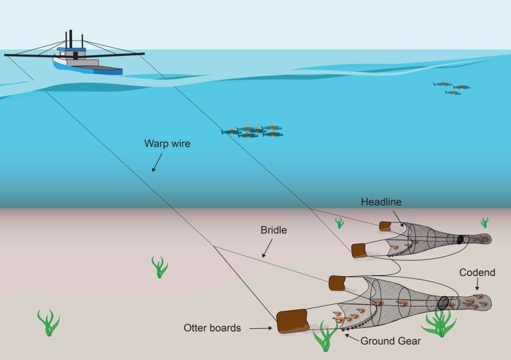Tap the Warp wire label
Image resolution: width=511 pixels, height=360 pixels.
coord(167,143)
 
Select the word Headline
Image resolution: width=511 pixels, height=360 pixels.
coord(381,201)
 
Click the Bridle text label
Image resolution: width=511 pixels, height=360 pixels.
coord(273,230)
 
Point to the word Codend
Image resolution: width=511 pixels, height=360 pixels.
coord(477,273)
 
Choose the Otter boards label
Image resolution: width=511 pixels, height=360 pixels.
coord(212,327)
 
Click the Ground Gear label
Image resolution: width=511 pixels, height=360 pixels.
coord(391,341)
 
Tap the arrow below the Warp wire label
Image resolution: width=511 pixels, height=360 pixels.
coord(156,163)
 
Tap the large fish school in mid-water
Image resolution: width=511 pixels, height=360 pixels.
coord(253,131)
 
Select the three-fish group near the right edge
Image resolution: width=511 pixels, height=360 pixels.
coord(452,88)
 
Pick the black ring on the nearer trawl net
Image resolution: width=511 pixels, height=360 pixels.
coord(443,301)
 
